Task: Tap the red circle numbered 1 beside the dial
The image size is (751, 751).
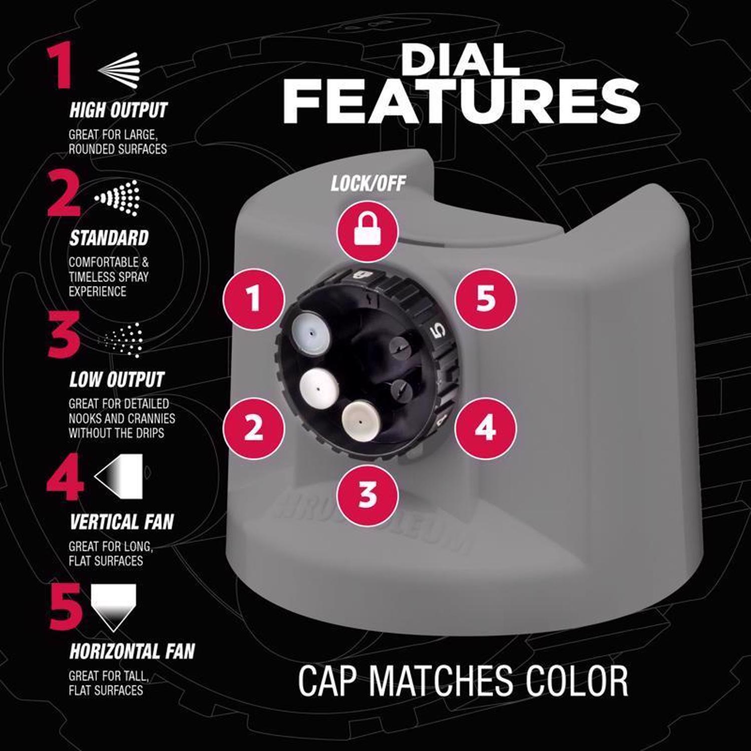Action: [x=254, y=299]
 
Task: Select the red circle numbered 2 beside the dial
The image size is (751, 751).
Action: [x=254, y=429]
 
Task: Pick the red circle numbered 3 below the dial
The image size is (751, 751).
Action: [x=368, y=495]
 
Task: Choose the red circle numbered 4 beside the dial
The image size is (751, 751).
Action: [x=485, y=429]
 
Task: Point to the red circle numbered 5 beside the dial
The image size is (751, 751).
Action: [x=485, y=299]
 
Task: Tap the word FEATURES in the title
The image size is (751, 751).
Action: [x=462, y=102]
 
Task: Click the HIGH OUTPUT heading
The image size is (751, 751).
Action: [x=118, y=110]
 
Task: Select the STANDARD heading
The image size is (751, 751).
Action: [x=109, y=238]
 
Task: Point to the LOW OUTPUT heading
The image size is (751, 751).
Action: [x=117, y=380]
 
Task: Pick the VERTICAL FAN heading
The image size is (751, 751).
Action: [x=122, y=522]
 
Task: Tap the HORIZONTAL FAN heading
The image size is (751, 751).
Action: [x=132, y=651]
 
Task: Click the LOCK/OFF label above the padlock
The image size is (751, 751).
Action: [x=368, y=184]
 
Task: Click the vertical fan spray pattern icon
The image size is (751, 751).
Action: [x=119, y=477]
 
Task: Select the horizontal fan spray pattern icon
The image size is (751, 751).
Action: [x=114, y=607]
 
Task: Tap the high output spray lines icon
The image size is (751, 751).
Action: [x=119, y=68]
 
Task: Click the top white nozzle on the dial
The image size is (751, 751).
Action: [x=311, y=331]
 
